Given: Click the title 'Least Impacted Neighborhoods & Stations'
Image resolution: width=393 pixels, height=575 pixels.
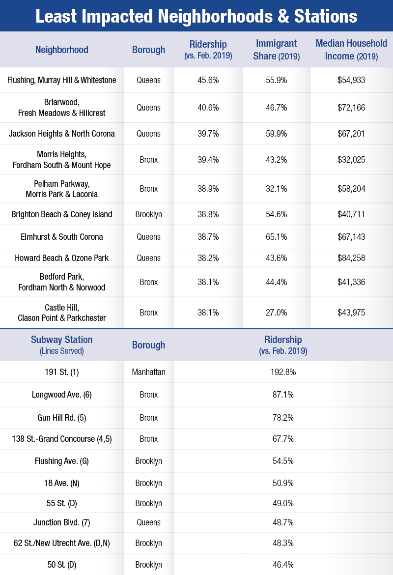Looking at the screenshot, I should click(196, 16).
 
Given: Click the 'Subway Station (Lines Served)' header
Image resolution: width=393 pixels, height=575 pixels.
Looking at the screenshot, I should click(61, 345).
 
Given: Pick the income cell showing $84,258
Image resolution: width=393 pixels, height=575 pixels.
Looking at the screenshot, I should click(351, 258).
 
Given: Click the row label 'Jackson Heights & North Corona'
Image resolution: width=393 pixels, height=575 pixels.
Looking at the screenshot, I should click(62, 134).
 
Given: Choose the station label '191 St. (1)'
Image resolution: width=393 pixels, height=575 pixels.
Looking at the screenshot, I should click(62, 372).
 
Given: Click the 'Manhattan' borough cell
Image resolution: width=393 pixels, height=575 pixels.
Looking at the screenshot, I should click(148, 372).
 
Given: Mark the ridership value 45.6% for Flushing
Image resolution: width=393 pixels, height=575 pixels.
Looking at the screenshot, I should click(208, 80).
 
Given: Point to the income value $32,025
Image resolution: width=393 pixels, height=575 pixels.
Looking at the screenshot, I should click(351, 160).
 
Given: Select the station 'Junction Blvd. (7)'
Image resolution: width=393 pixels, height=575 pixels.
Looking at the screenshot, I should click(62, 523).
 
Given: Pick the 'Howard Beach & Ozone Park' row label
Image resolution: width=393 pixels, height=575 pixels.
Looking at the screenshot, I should click(62, 258).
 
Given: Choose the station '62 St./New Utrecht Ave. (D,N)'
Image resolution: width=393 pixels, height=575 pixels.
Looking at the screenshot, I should click(62, 544).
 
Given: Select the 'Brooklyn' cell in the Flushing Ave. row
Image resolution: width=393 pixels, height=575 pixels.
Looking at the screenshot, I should click(148, 461).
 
